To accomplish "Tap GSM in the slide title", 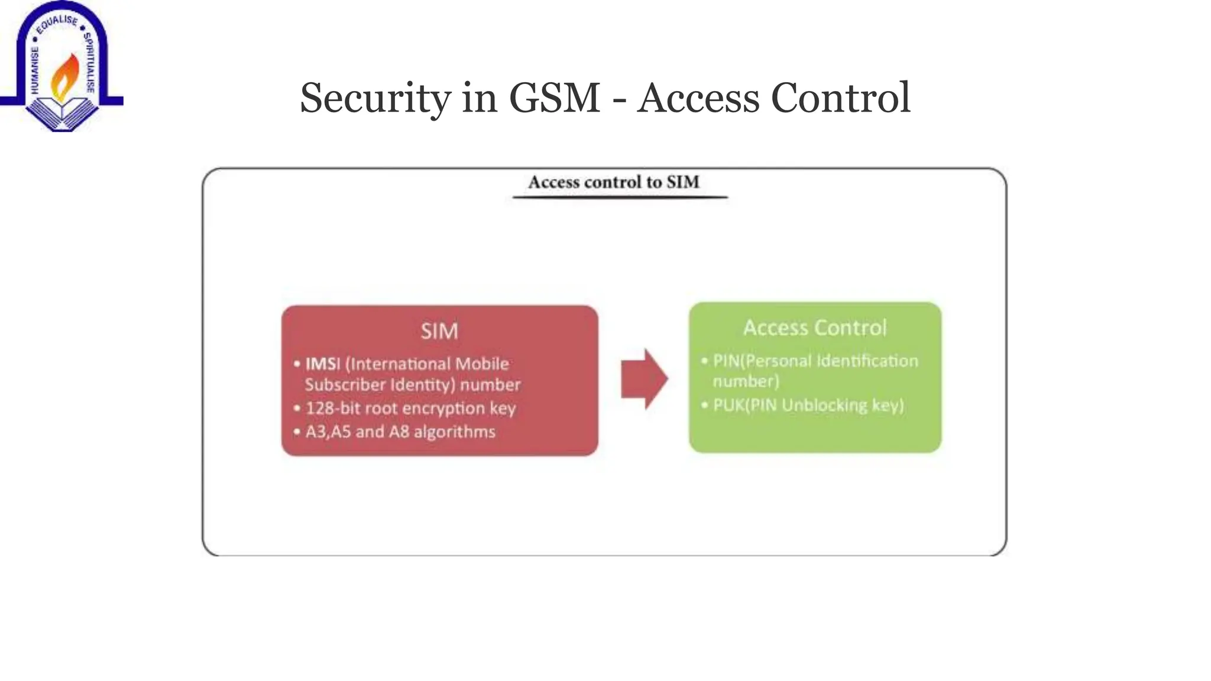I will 554,98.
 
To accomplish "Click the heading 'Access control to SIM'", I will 614,182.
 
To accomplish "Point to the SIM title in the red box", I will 439,331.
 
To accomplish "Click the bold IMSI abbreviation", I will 322,364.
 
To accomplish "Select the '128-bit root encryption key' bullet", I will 410,408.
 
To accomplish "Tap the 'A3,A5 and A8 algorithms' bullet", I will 400,432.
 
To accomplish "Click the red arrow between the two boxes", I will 644,379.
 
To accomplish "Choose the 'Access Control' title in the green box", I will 815,327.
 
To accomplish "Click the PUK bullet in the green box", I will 808,405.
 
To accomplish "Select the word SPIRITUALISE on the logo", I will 89,62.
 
